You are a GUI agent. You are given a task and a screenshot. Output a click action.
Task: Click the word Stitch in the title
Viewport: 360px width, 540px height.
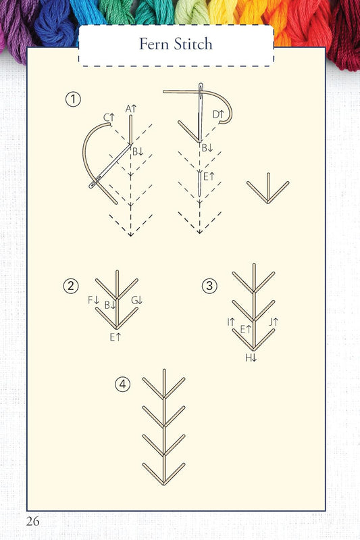[192, 45]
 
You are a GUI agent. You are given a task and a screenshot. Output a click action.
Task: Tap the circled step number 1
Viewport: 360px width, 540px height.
[73, 100]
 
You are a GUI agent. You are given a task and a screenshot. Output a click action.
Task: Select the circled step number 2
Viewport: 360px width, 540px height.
[70, 286]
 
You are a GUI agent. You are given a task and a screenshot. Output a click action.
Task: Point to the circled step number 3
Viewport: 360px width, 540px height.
[209, 286]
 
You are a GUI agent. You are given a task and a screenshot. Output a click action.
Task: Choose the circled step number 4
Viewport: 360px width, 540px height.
[122, 385]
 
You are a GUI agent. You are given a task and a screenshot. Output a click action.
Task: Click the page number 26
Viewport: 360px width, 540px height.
[34, 520]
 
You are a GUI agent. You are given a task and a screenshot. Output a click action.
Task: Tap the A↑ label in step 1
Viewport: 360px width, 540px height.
[131, 108]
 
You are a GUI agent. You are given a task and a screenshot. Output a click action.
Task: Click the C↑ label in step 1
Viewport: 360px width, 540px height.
[109, 118]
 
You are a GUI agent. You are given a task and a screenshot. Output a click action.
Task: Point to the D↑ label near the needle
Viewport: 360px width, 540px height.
[218, 114]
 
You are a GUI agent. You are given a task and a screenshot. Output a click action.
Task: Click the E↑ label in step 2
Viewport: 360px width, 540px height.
[115, 337]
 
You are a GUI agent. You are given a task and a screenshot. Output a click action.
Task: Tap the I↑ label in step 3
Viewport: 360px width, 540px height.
[231, 322]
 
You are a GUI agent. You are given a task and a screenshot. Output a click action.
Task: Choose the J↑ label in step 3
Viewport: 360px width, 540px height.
[274, 322]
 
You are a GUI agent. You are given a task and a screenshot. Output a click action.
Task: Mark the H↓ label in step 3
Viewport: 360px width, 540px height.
[251, 358]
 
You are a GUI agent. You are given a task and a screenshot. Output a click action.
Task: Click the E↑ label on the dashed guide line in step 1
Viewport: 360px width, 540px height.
[209, 176]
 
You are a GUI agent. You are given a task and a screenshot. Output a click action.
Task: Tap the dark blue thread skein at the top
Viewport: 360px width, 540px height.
[54, 24]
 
